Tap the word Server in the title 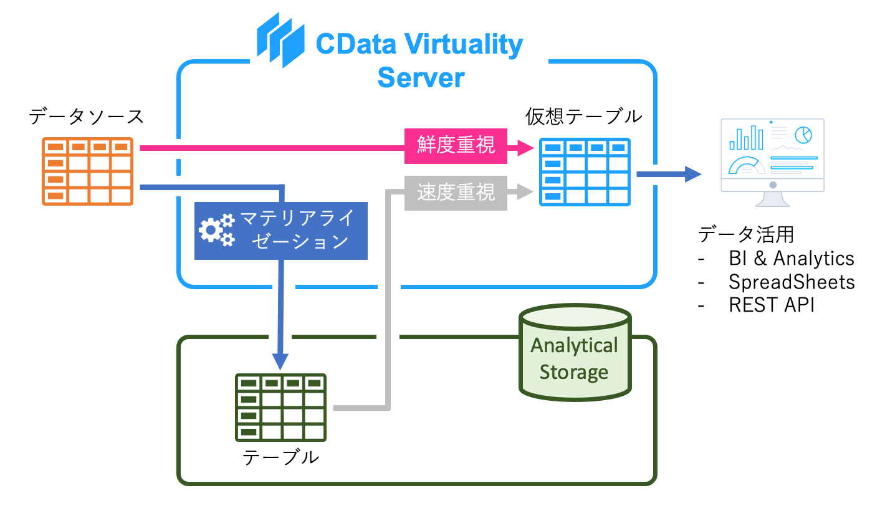(x=421, y=79)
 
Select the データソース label (x=86, y=117)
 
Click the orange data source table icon (x=87, y=171)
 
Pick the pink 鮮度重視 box (x=456, y=146)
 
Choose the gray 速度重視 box (x=456, y=193)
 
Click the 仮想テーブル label (x=583, y=117)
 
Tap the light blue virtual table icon (x=585, y=171)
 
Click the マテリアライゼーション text (x=297, y=229)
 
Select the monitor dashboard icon (x=772, y=161)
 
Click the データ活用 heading (x=746, y=234)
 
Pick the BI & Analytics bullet (x=791, y=258)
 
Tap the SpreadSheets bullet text (x=792, y=282)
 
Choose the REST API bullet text (x=771, y=305)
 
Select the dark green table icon (x=280, y=407)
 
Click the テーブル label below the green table (x=280, y=458)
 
